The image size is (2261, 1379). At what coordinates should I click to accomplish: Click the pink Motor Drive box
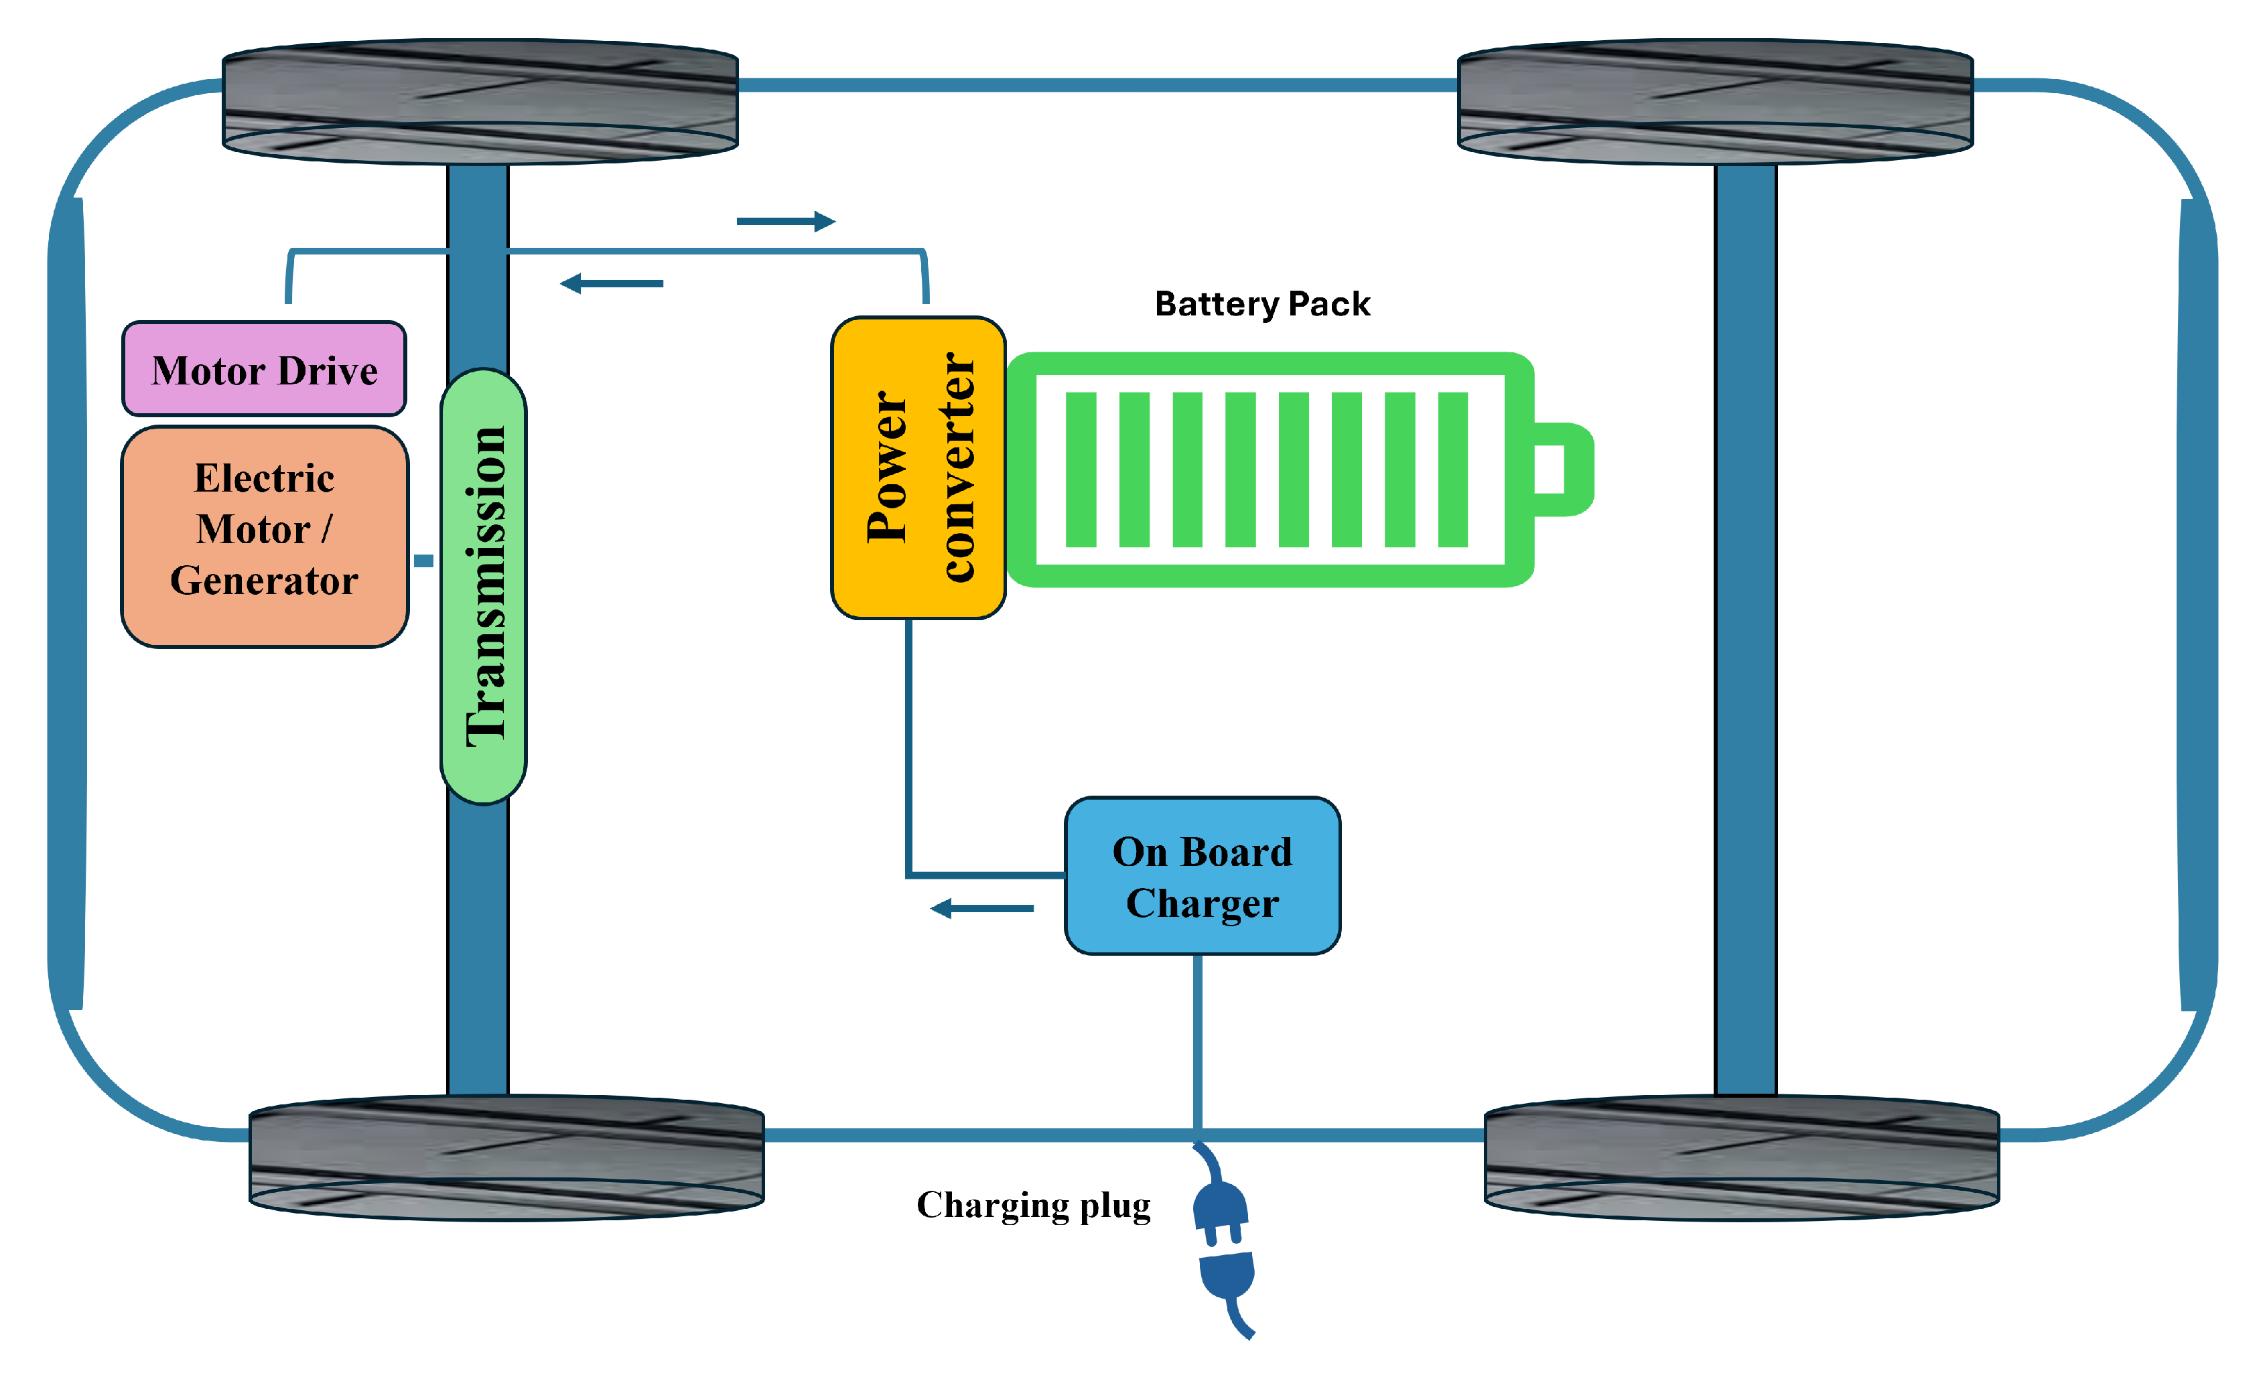coord(264,369)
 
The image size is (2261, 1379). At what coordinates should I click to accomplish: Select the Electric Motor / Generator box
coord(264,536)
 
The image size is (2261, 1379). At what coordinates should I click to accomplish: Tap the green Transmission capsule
coord(484,587)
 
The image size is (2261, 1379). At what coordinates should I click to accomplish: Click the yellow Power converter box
coord(918,468)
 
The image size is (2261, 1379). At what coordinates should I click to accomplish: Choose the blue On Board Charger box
coord(1202,876)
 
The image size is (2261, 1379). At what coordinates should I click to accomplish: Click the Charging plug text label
coord(1033,1206)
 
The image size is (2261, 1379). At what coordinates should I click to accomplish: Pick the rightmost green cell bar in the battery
coord(1452,469)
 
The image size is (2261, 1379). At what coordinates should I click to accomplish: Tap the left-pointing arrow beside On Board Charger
coord(982,908)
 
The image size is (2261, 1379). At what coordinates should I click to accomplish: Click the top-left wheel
coord(480,101)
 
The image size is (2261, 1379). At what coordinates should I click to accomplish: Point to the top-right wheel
coord(1715,101)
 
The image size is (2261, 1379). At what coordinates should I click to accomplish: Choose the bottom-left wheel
coord(506,1158)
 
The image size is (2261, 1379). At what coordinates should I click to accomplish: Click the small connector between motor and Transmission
coord(423,561)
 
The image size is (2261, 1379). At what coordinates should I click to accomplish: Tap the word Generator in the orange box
coord(264,581)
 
